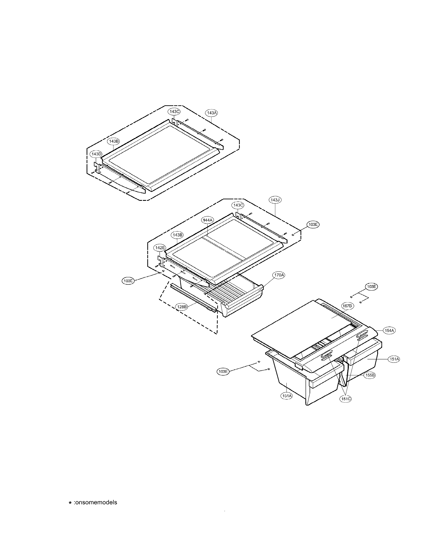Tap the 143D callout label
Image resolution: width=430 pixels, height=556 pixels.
pos(96,154)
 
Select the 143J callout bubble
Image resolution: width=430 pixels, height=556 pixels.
pos(275,200)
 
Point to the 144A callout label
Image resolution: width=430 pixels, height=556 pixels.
pos(208,220)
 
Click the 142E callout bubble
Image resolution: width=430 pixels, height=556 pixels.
pos(160,248)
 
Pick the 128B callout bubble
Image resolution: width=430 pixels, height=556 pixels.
pos(182,307)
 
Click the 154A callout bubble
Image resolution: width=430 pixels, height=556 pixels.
pos(389,330)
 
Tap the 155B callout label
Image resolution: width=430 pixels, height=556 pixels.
pos(370,375)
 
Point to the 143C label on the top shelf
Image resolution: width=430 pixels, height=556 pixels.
pos(174,112)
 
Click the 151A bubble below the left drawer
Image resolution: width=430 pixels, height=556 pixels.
pos(286,396)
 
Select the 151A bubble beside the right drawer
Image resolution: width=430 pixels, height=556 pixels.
pos(394,359)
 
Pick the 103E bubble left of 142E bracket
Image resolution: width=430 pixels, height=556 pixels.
pos(128,281)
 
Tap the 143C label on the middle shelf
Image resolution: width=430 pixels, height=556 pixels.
pos(238,205)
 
